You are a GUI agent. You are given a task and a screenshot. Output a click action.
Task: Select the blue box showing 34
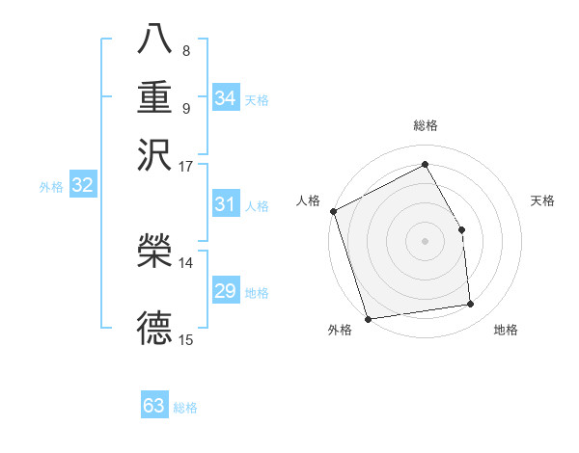coord(225,98)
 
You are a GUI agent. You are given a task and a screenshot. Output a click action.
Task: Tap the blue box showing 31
coord(225,204)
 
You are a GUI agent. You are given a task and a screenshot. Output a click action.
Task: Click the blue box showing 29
coord(225,292)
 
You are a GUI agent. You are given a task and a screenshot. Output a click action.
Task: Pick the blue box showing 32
coord(82,186)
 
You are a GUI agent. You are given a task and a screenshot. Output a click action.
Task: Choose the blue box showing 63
coord(154,406)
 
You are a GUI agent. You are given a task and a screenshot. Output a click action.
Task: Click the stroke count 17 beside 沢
coord(185,166)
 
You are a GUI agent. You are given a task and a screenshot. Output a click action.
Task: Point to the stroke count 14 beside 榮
coord(185,262)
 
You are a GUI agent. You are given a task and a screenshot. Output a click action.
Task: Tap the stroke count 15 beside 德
coord(185,339)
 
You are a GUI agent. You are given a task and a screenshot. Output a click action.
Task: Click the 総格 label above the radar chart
coord(425,126)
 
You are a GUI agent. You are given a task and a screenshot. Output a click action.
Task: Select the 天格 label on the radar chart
coord(542,200)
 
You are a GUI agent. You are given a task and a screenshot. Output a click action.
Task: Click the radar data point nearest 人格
coord(333,211)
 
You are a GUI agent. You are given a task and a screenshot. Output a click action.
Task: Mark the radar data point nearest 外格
coord(368,318)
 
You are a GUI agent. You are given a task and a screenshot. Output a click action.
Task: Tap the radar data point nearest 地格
coord(471,305)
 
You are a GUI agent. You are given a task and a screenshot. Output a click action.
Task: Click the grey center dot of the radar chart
coord(425,240)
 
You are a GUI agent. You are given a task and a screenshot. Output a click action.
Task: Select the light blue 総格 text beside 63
coord(185,408)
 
